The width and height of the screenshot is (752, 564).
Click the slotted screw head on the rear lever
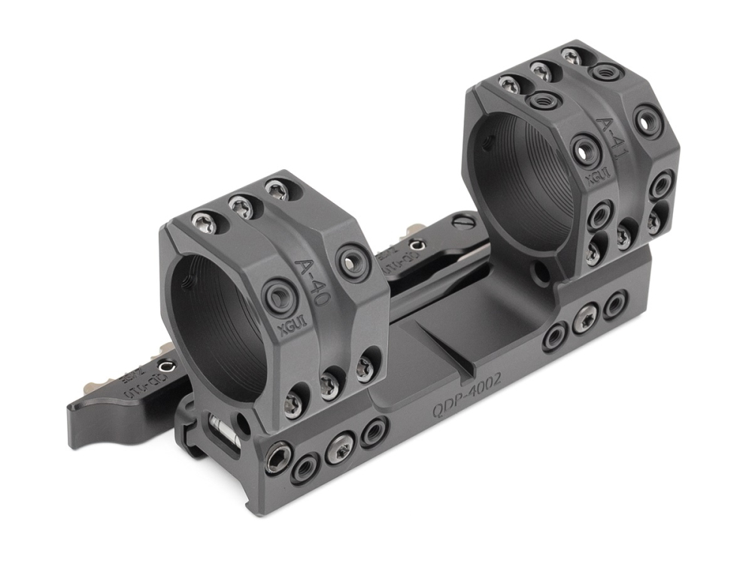[x=465, y=222]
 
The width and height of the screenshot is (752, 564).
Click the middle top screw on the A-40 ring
[x=241, y=204]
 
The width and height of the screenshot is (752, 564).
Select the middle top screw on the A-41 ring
[x=542, y=71]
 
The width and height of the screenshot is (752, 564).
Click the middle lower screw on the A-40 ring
[x=329, y=385]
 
